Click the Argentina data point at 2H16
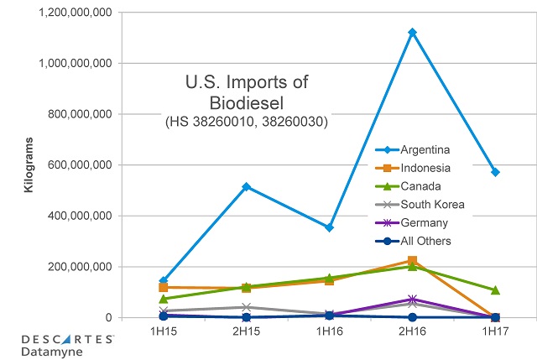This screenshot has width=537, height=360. pos(412,32)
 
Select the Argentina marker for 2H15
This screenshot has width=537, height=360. pos(246,186)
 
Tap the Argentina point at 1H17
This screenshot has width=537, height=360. pos(495,172)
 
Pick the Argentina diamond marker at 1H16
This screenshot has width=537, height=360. pos(329,227)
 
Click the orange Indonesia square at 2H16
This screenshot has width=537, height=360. pos(412,261)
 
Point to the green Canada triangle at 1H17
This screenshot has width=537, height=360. pos(495,290)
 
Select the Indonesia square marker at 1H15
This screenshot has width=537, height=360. pos(163,287)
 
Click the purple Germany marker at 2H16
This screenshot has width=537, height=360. pos(412,299)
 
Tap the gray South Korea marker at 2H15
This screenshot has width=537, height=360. pos(246,307)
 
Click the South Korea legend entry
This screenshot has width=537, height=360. pos(432,204)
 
